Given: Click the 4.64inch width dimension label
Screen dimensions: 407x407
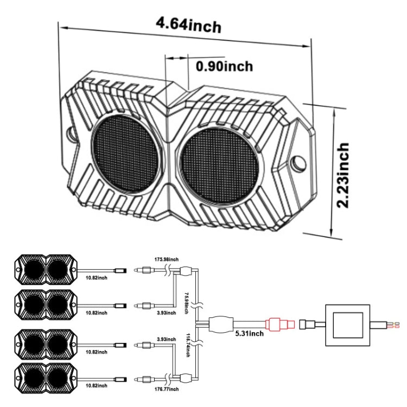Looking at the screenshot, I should (x=188, y=24).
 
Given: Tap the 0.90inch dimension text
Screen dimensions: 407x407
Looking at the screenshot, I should (x=225, y=66).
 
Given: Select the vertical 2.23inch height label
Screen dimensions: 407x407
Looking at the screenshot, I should (x=342, y=176).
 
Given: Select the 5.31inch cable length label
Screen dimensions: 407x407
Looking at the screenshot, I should (x=249, y=333).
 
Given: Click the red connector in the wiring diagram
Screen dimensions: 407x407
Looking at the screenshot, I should (x=280, y=324).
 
